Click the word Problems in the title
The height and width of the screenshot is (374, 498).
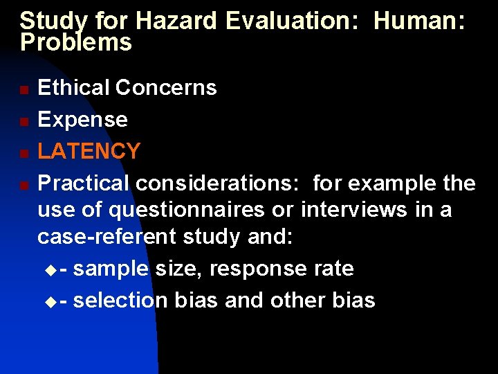pos(76,43)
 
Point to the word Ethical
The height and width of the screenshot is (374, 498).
pos(74,88)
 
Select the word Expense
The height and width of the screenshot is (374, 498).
pos(82,120)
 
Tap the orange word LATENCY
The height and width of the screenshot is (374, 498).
pos(89,151)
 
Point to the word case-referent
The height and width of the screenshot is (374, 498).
pos(107,237)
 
